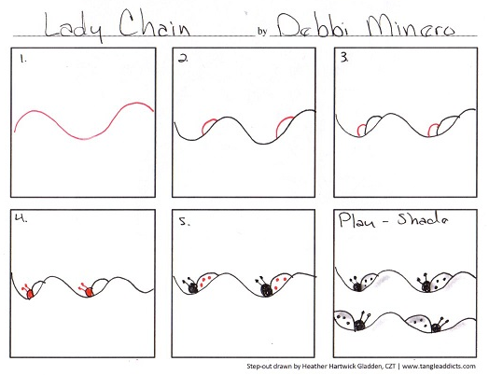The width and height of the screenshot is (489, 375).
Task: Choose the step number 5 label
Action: (x=184, y=222)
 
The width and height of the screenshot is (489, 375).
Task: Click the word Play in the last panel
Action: (x=356, y=222)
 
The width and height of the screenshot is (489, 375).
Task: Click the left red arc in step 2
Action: (x=212, y=123)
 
